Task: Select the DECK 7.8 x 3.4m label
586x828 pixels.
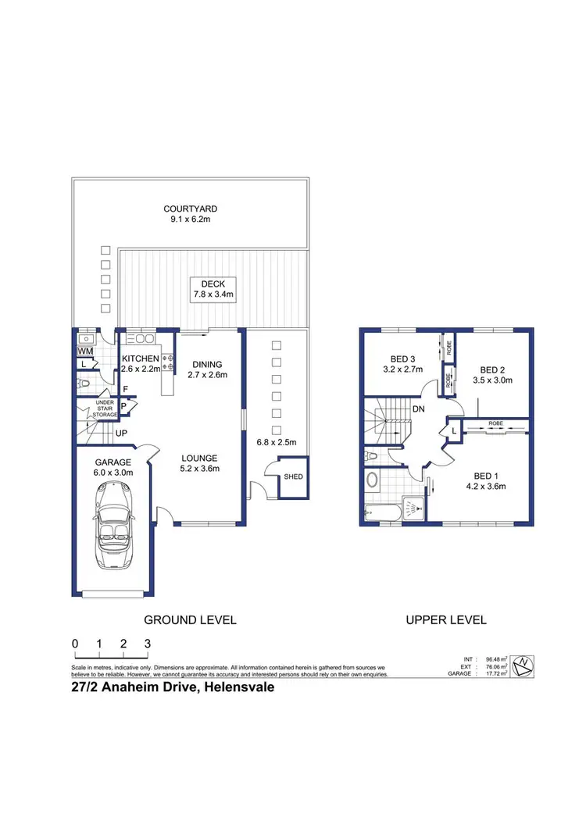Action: [x=213, y=288]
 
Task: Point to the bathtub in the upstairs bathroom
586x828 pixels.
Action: [x=383, y=512]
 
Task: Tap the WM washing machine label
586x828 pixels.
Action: [x=85, y=352]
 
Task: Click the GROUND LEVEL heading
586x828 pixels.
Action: [x=189, y=619]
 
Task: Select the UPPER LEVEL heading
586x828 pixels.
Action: [x=445, y=619]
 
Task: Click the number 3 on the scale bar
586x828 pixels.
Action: [x=148, y=643]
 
